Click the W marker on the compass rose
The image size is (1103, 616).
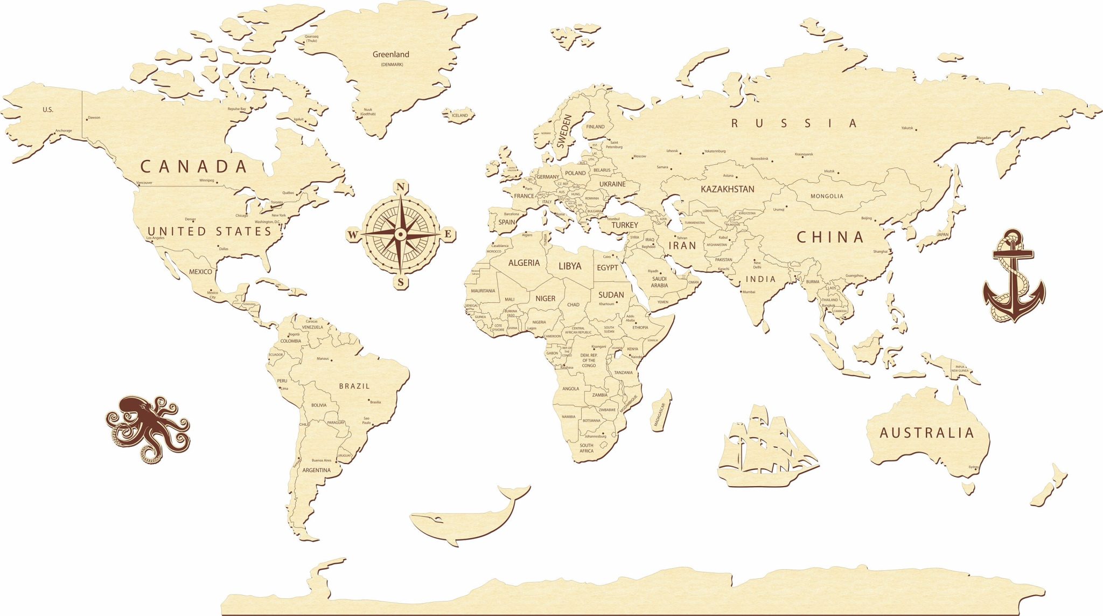(353, 234)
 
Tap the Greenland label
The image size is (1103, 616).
(391, 54)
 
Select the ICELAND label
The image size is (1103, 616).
(459, 115)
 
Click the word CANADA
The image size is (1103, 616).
(194, 167)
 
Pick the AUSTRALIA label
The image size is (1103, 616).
(926, 433)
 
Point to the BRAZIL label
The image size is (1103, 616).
(354, 386)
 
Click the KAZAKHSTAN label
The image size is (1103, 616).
(727, 189)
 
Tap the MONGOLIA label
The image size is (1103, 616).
(827, 196)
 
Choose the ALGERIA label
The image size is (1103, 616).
(523, 263)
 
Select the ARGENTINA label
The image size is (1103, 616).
(316, 470)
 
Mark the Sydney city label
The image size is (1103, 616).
(973, 467)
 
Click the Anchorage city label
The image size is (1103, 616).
(64, 130)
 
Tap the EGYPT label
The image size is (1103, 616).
(607, 268)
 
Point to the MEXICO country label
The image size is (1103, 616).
(200, 272)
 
